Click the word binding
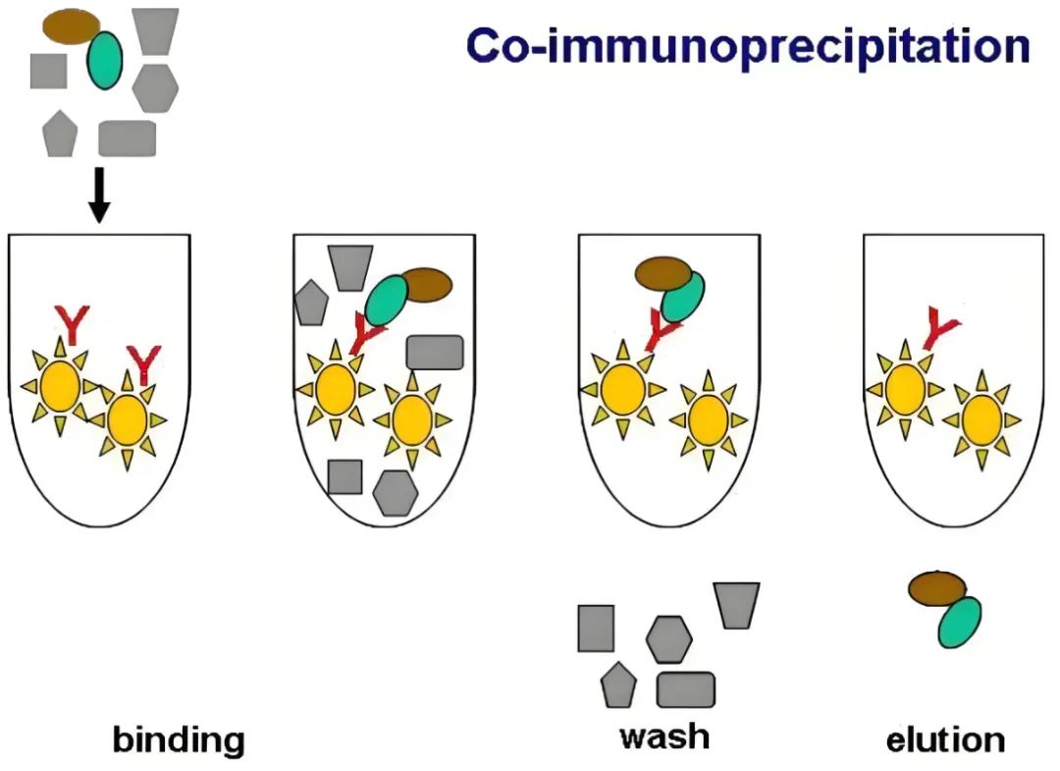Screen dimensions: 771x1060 178,740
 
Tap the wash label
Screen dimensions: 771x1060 664,736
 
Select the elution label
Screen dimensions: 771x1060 945,740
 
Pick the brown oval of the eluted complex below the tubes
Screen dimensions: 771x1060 936,588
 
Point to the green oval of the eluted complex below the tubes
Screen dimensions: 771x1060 959,623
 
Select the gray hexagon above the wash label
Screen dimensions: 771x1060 669,639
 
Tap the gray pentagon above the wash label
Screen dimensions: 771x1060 617,685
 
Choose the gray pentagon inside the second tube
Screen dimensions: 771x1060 311,303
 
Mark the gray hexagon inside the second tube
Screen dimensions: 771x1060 395,492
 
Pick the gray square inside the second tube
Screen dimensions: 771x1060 344,476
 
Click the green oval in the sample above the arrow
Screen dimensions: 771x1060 104,59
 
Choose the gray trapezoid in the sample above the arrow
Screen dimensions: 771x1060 155,29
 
